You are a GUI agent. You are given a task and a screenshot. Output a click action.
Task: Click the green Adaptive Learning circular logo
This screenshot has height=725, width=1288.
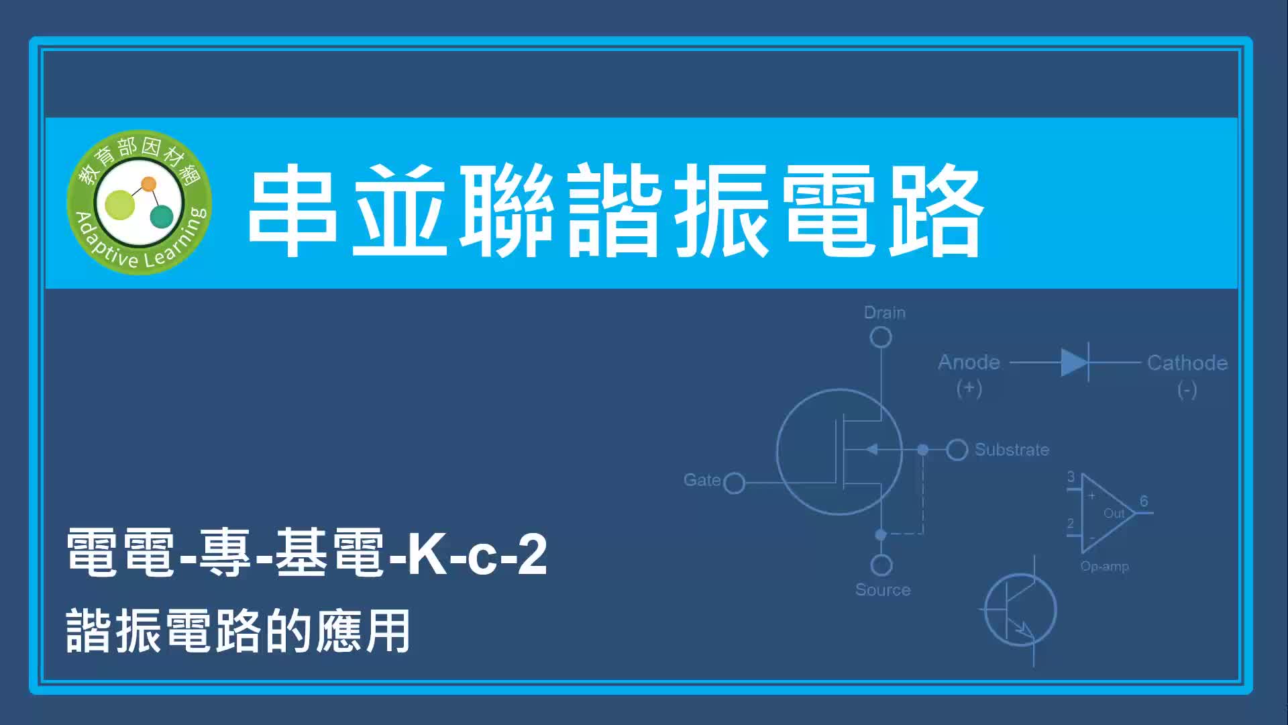point(140,202)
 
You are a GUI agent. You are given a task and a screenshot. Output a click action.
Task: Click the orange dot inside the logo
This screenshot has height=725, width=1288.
point(149,184)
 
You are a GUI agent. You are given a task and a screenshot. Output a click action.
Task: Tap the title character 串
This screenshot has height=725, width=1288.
point(292,210)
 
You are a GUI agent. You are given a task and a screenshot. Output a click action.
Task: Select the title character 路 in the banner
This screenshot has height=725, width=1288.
point(935,210)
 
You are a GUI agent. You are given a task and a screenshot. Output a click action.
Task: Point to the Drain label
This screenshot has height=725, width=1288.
point(884,313)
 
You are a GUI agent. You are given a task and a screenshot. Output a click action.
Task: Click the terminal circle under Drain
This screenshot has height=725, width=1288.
point(881,337)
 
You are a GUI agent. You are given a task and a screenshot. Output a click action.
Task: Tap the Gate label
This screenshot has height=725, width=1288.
point(702,480)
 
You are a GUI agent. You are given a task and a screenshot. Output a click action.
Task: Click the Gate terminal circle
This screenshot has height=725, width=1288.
point(735,483)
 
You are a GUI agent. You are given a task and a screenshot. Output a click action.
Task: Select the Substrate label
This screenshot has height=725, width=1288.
point(1012,450)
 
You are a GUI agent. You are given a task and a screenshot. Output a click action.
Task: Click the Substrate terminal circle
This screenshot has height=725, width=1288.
point(957,450)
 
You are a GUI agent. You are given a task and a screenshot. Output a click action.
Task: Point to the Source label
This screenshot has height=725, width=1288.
point(883,590)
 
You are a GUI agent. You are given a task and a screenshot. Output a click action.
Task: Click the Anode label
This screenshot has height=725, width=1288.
point(969,362)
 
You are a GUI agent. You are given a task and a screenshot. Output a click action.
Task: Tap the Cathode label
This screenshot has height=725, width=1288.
point(1187,363)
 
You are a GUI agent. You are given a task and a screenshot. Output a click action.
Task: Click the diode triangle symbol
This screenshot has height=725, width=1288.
point(1074,362)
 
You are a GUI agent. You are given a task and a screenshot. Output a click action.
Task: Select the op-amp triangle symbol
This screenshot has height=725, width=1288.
point(1107,514)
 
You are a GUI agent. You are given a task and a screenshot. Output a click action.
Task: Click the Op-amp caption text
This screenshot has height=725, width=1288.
point(1105,567)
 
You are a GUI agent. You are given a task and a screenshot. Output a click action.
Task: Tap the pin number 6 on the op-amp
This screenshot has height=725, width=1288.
point(1144,501)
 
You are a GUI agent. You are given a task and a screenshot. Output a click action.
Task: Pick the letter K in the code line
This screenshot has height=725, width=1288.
point(429,554)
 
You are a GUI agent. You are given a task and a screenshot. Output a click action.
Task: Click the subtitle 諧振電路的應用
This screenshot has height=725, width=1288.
point(238,631)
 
